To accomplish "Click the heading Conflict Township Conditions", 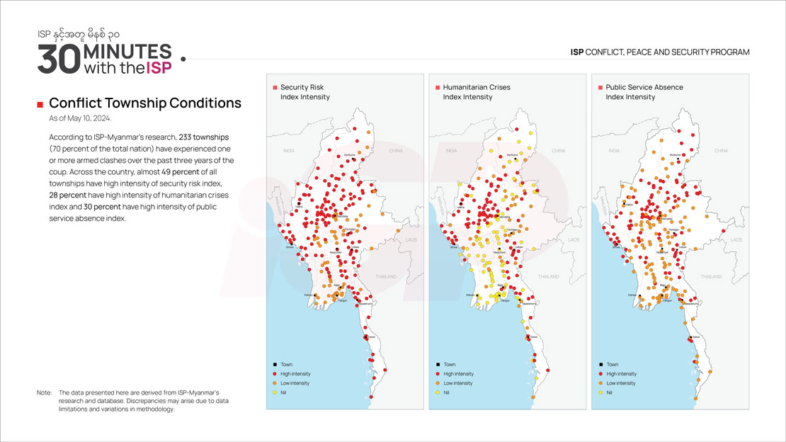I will pyautogui.click(x=144, y=103).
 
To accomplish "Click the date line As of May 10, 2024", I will pyautogui.click(x=80, y=119).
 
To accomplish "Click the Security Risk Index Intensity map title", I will pyautogui.click(x=304, y=92).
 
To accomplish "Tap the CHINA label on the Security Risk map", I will pyautogui.click(x=396, y=151).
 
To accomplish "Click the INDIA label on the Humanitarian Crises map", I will pyautogui.click(x=452, y=151).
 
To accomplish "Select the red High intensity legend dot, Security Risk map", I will pyautogui.click(x=274, y=374).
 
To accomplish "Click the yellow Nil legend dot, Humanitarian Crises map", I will pyautogui.click(x=437, y=392).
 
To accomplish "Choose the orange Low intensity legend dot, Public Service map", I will pyautogui.click(x=600, y=383).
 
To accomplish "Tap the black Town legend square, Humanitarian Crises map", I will pyautogui.click(x=437, y=365).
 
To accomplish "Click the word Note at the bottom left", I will pyautogui.click(x=44, y=392).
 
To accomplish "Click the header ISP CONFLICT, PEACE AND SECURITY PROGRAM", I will pyautogui.click(x=660, y=52).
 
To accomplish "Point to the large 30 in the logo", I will pyautogui.click(x=58, y=60).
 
